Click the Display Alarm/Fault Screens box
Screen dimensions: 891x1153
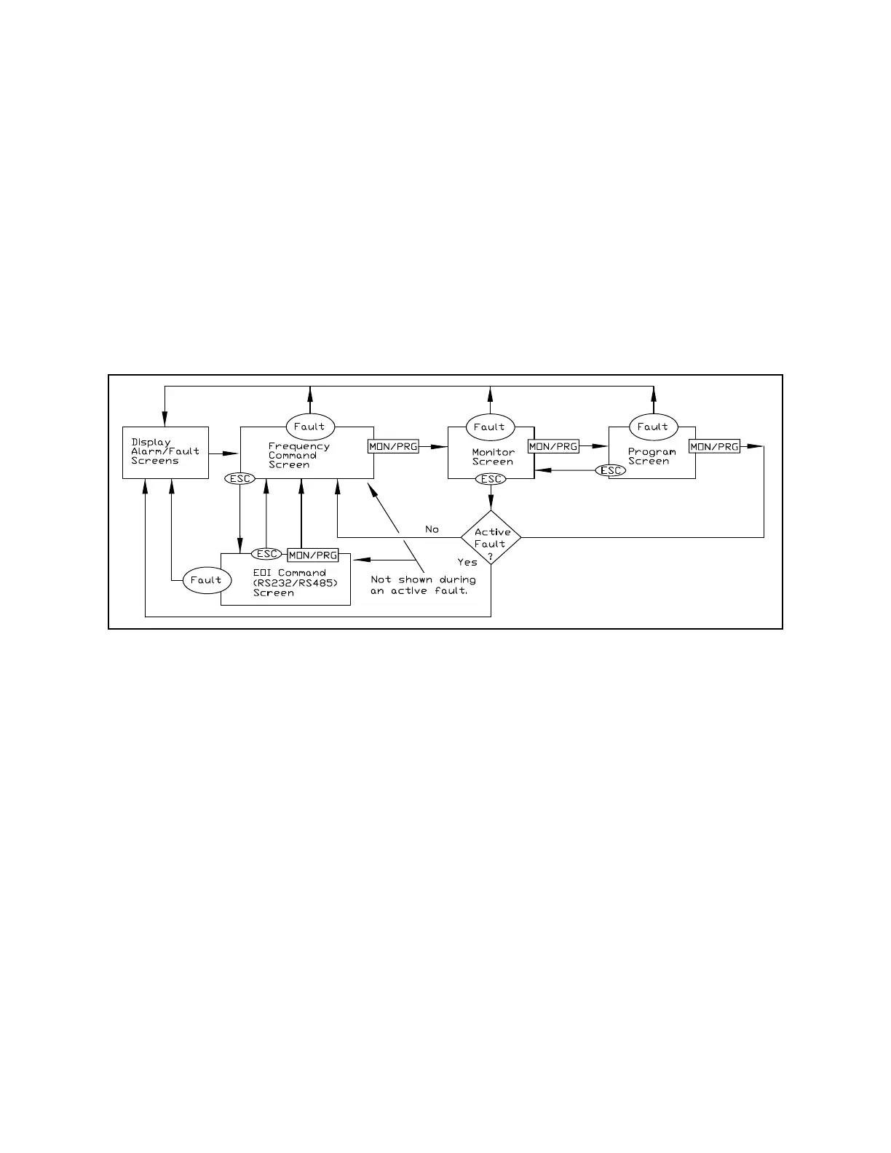[165, 452]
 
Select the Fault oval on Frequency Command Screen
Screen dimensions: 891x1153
[309, 427]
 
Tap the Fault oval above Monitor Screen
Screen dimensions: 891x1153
[490, 427]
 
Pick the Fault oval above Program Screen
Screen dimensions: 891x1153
[653, 427]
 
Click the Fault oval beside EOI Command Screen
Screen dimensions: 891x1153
[206, 580]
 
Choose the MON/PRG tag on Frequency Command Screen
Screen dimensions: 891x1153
[394, 446]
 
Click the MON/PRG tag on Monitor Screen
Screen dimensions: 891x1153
[553, 446]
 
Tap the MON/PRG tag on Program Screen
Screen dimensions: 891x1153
[714, 446]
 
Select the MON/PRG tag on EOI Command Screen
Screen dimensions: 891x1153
[313, 555]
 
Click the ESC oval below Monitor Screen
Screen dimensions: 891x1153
[491, 479]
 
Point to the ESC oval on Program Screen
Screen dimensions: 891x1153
[610, 470]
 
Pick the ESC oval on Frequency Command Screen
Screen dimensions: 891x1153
[240, 479]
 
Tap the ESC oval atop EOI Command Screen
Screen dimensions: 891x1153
[266, 554]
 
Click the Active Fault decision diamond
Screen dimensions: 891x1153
[491, 538]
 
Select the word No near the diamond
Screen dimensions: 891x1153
[432, 529]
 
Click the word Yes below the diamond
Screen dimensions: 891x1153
[467, 562]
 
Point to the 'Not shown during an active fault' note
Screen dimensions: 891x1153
[423, 585]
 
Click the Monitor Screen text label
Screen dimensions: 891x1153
[493, 457]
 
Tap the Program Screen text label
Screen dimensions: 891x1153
[652, 456]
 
